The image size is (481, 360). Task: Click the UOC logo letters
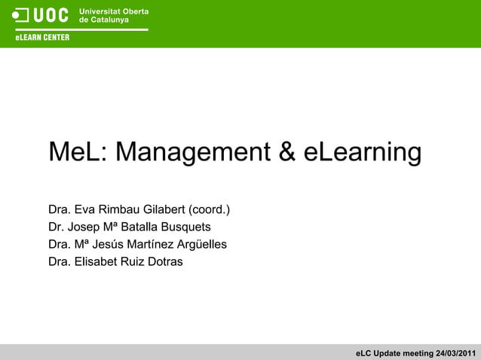(x=51, y=15)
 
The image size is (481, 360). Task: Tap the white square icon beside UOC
(x=21, y=15)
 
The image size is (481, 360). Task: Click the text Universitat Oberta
(x=113, y=11)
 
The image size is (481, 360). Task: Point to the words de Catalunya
(x=104, y=20)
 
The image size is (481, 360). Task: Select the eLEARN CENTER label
(x=41, y=38)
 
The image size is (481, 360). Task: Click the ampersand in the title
(x=287, y=152)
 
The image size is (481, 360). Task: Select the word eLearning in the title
(x=363, y=152)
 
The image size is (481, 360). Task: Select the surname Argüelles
(x=201, y=244)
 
